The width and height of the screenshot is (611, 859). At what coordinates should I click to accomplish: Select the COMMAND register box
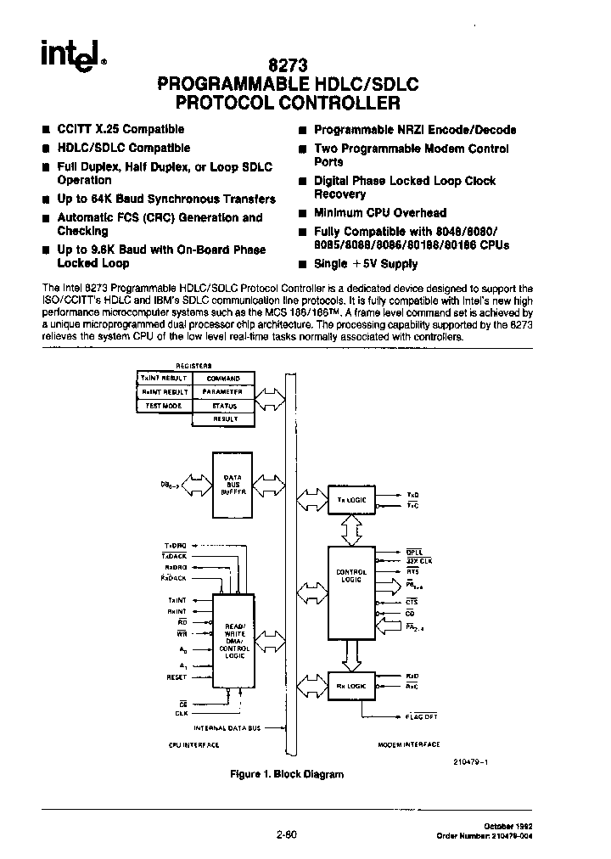(223, 379)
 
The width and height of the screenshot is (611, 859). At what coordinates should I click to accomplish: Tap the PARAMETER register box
(223, 392)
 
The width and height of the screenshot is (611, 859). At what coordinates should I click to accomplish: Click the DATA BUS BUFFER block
(233, 485)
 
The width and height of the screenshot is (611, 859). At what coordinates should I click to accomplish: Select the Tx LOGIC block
(350, 500)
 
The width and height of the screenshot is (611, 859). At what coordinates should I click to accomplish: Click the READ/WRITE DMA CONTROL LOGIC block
(233, 640)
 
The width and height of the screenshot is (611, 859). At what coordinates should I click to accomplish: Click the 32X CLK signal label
(419, 560)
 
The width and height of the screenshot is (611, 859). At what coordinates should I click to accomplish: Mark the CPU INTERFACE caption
(194, 744)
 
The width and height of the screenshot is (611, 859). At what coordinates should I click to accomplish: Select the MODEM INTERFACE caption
(408, 744)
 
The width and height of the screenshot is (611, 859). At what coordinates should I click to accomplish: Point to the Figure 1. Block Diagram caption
(287, 774)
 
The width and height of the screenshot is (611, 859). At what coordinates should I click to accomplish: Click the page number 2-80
(285, 834)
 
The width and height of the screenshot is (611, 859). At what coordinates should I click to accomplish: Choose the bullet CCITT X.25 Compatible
(120, 129)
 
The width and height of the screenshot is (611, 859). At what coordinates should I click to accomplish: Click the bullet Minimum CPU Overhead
(379, 213)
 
